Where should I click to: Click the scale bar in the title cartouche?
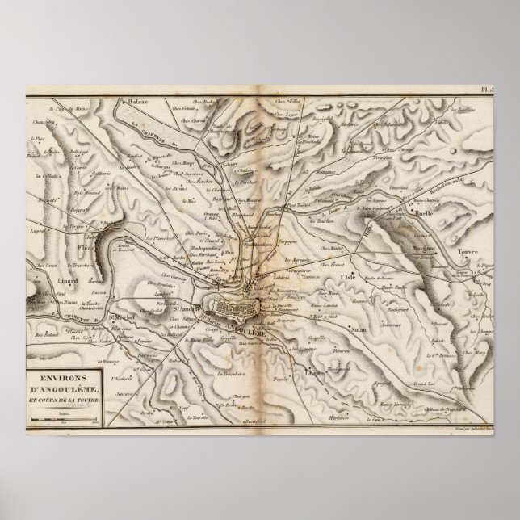tap(64, 419)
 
